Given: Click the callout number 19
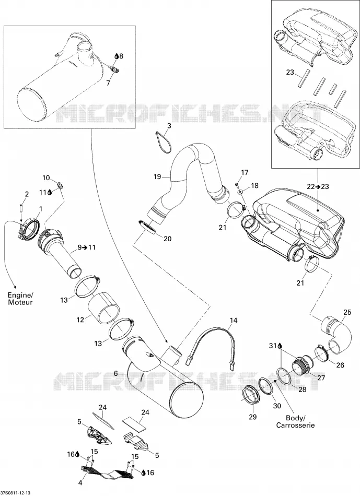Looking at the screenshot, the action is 157,176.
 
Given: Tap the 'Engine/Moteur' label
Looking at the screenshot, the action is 20,299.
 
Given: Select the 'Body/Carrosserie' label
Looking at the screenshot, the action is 295,421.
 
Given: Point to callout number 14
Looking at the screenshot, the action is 234,321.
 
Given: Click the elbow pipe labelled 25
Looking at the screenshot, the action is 336,335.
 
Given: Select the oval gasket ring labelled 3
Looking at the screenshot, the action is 164,143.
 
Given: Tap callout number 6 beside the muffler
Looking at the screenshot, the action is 116,373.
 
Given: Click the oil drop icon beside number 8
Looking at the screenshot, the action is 117,56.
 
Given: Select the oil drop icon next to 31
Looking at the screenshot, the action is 280,346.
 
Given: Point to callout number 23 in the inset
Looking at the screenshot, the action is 290,72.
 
